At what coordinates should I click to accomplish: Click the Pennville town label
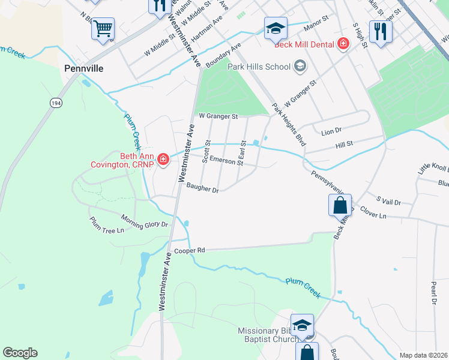click(x=84, y=68)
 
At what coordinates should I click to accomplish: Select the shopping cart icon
click(x=103, y=28)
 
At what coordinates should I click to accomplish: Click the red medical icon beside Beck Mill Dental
click(x=343, y=43)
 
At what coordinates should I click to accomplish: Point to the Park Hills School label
click(x=260, y=66)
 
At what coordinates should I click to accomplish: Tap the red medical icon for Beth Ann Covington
click(x=163, y=159)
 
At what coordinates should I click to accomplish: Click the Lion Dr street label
click(x=331, y=130)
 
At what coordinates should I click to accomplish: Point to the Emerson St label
click(x=226, y=161)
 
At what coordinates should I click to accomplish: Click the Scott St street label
click(x=206, y=152)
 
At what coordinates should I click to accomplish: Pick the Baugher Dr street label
click(x=202, y=189)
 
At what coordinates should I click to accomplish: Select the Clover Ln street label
click(x=391, y=215)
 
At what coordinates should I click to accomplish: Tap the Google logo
click(x=20, y=353)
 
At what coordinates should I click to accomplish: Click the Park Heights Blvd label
click(x=289, y=125)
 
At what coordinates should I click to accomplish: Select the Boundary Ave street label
click(x=223, y=55)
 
